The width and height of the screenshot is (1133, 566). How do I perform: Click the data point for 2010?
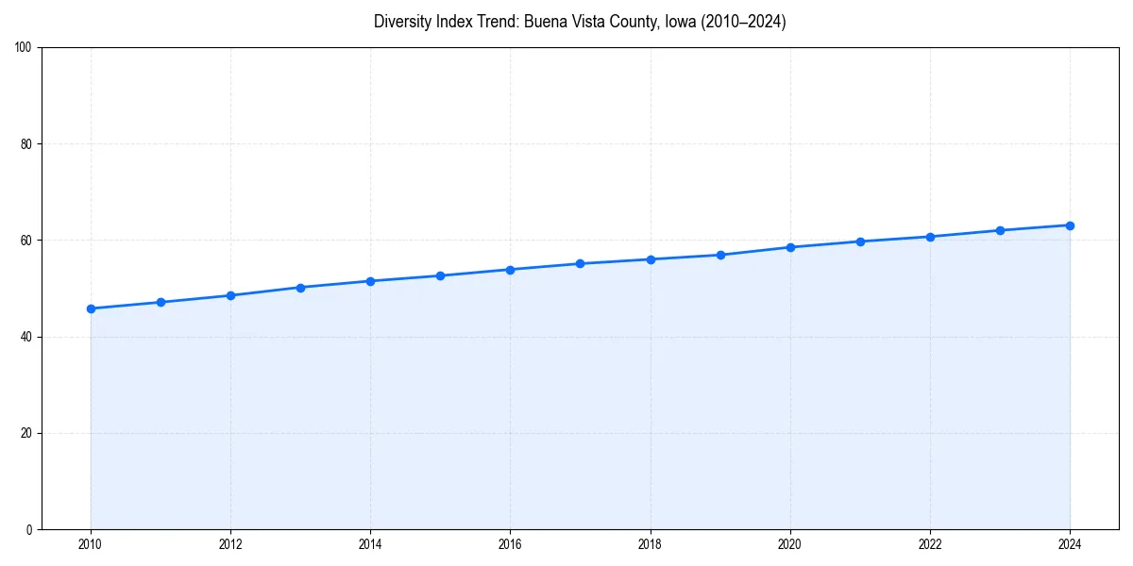[91, 308]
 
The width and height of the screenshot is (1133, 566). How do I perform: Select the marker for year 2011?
[161, 302]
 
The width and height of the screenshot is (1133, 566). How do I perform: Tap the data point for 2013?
[300, 288]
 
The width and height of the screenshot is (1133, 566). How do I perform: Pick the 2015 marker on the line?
[440, 275]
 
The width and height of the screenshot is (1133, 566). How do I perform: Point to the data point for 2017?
[580, 263]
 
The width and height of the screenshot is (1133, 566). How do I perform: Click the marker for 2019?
[720, 255]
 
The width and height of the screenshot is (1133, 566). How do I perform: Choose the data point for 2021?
[860, 241]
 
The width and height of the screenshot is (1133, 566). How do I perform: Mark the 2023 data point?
[1000, 230]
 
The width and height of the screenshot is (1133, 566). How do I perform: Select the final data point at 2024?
[1070, 225]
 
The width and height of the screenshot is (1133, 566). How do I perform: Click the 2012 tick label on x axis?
[230, 544]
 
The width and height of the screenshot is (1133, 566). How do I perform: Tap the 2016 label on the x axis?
[510, 544]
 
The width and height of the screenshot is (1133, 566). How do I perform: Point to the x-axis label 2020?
[790, 544]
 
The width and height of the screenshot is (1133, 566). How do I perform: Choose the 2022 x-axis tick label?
[930, 544]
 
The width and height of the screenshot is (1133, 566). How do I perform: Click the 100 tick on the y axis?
[24, 48]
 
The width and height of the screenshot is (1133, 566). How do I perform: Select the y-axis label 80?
[26, 144]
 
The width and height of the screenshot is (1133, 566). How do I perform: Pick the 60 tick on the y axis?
[26, 241]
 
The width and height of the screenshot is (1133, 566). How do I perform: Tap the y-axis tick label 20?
[26, 433]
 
